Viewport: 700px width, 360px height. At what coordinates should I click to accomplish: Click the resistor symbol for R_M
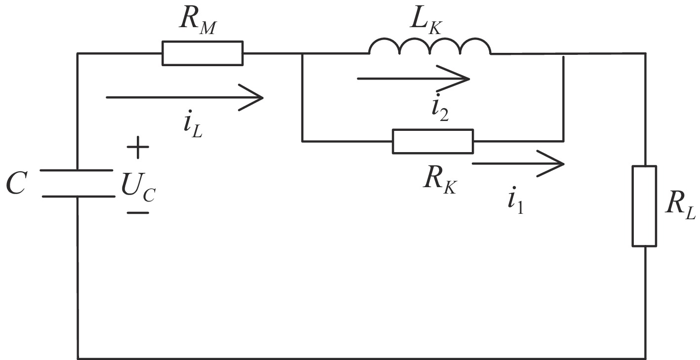(x=203, y=53)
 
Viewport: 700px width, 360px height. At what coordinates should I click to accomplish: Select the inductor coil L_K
(x=430, y=46)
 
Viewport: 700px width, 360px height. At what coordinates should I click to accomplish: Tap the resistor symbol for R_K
(x=433, y=141)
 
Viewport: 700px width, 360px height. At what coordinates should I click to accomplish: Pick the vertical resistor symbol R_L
(x=645, y=206)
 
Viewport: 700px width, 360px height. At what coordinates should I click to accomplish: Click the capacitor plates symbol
(x=78, y=183)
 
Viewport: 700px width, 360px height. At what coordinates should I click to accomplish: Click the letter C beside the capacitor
(x=16, y=184)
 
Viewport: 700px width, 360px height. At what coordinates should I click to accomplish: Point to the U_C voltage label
(x=138, y=188)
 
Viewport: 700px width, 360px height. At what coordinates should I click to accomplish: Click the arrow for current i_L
(x=184, y=97)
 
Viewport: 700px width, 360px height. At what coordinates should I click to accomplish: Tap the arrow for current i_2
(x=413, y=78)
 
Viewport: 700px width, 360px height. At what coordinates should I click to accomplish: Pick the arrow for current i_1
(x=518, y=163)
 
